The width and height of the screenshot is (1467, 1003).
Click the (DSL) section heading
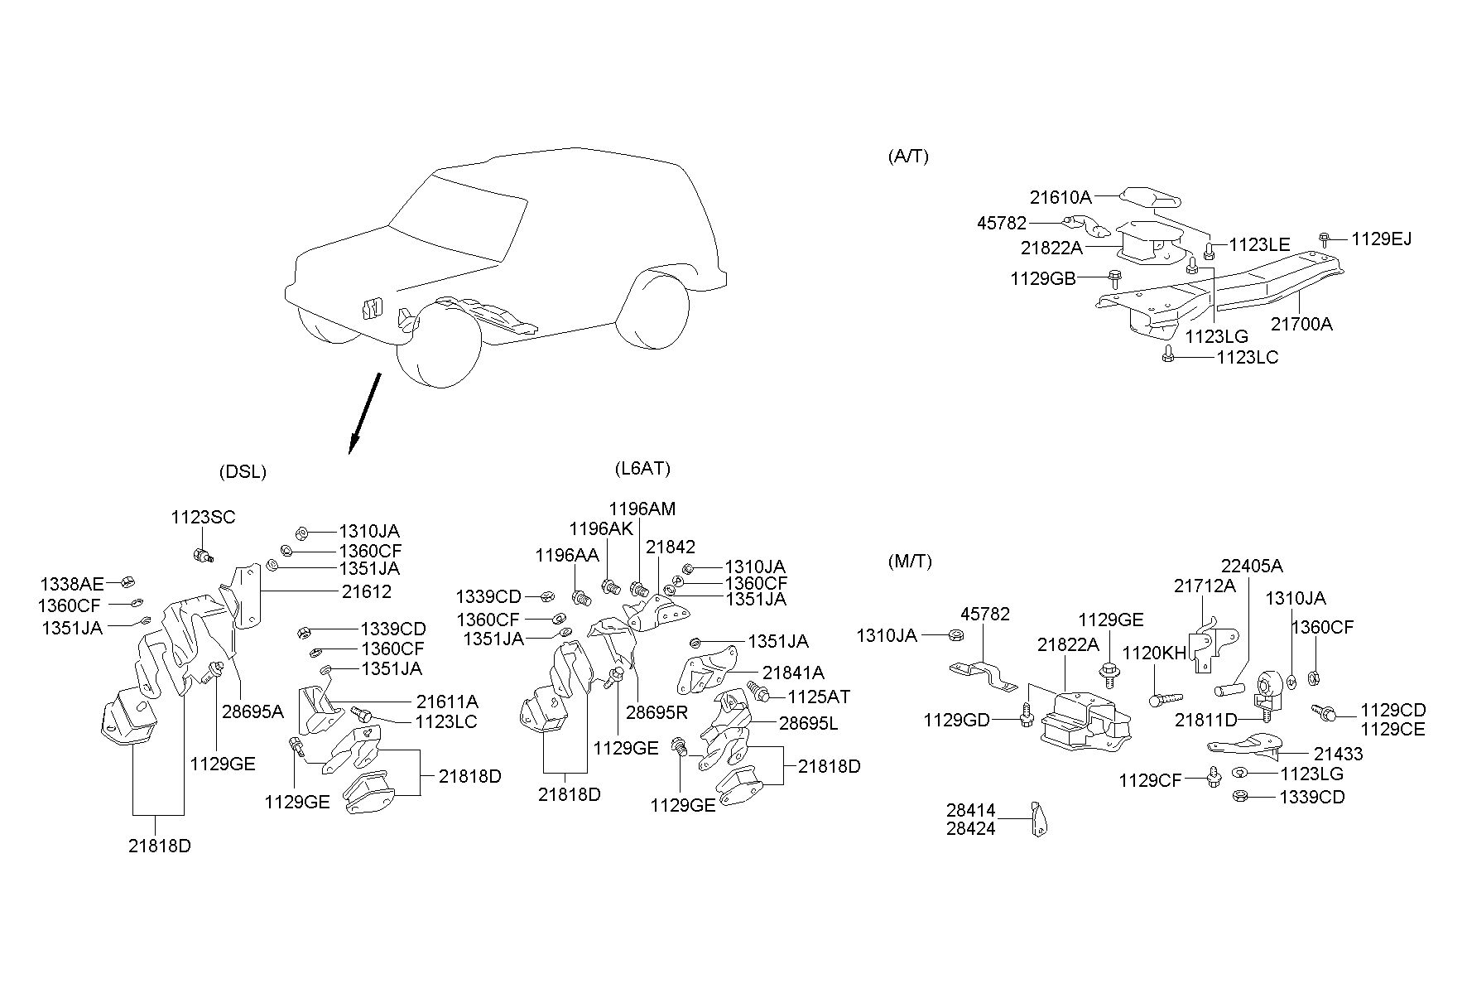[x=243, y=472]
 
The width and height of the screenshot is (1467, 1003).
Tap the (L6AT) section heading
[x=642, y=469]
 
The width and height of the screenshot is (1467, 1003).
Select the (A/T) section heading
[x=908, y=157]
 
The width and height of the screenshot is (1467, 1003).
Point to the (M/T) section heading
[x=910, y=562]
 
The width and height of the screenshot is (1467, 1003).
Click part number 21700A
[x=1301, y=324]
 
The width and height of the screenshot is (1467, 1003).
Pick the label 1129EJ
[x=1382, y=239]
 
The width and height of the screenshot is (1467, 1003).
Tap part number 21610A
[x=1061, y=198]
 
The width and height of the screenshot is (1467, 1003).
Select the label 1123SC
[x=203, y=518]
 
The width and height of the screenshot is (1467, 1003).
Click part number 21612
[x=367, y=591]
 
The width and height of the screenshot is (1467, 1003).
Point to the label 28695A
[x=253, y=711]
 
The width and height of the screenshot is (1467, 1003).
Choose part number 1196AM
[x=642, y=509]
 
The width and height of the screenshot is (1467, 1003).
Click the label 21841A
[x=793, y=673]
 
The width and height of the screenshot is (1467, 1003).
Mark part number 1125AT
[x=819, y=697]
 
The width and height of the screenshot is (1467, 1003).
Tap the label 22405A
[x=1252, y=567]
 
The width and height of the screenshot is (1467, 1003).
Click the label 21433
[x=1338, y=754]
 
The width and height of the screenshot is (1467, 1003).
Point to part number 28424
[x=971, y=828]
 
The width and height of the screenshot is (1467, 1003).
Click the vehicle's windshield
[x=459, y=219]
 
